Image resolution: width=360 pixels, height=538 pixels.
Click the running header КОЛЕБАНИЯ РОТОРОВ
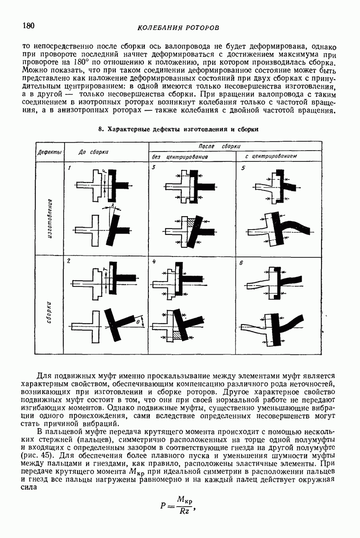(x=178, y=28)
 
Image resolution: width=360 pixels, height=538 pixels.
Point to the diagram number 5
(x=243, y=168)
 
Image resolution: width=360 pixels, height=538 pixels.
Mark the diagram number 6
(x=241, y=264)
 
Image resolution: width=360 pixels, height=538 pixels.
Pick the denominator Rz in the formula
(x=183, y=511)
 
